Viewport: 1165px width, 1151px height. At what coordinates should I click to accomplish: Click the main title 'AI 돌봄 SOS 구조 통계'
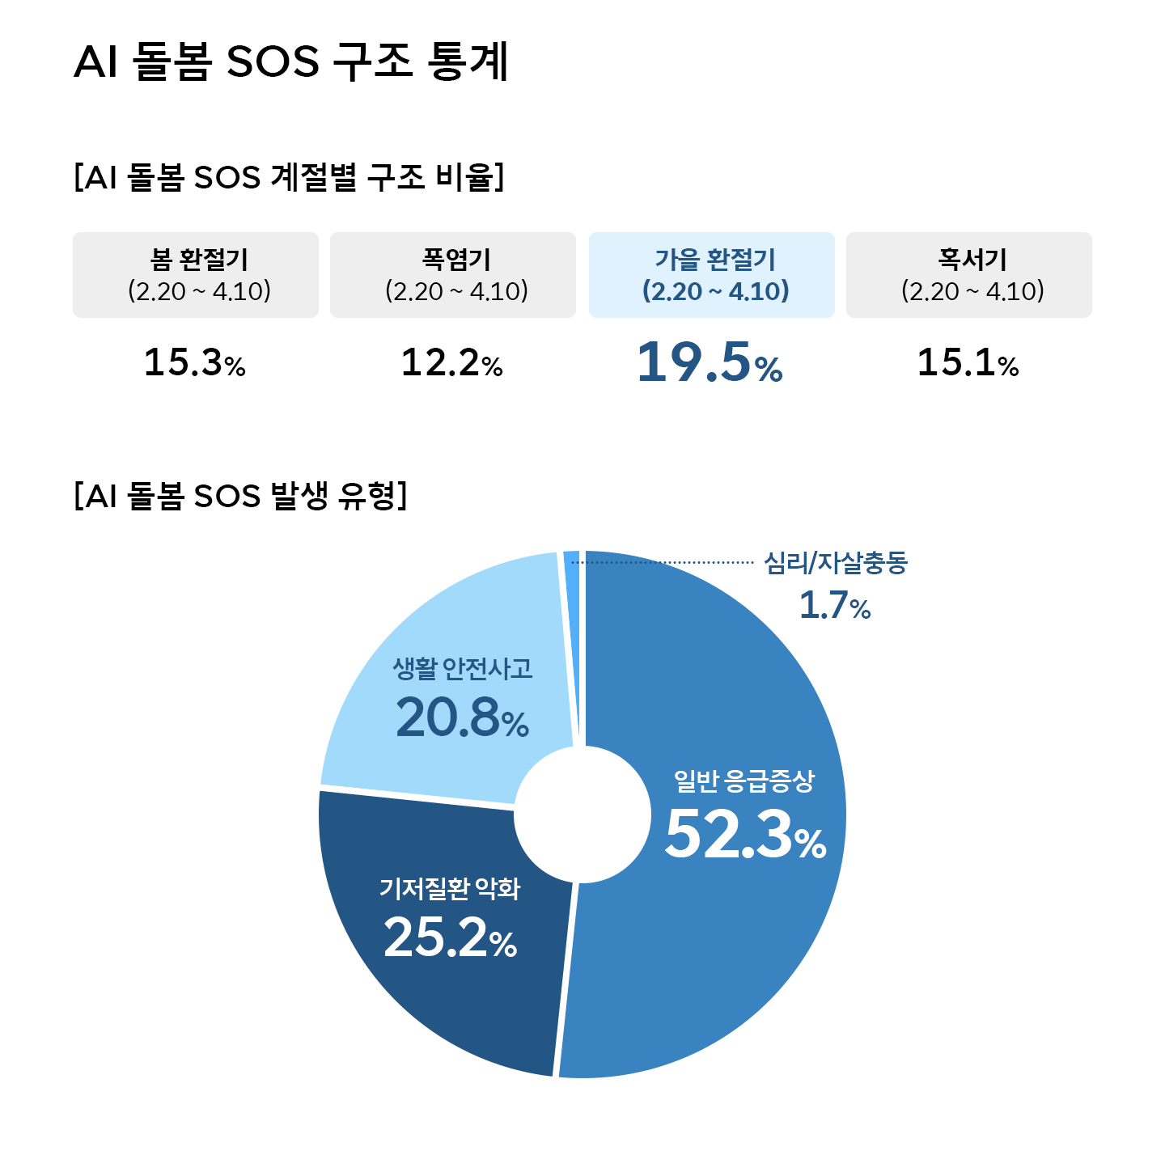coord(291,61)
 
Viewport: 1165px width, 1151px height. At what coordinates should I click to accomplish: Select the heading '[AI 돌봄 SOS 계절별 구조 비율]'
coord(289,176)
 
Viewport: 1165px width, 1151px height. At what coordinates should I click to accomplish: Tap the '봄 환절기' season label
coord(199,260)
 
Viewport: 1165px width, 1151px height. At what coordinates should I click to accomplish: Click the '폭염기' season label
coord(456,260)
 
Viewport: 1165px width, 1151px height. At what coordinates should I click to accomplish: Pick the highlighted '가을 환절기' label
coord(715,260)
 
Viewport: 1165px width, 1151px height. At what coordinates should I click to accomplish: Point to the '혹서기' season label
coord(972,260)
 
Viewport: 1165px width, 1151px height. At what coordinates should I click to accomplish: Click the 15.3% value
coord(195,362)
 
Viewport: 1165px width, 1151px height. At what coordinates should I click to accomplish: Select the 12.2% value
coord(452,362)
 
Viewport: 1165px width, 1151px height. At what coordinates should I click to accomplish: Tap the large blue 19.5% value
coord(710,362)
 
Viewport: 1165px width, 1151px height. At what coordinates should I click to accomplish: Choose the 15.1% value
coord(968,362)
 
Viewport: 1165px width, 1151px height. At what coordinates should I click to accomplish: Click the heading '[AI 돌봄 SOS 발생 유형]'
coord(240,495)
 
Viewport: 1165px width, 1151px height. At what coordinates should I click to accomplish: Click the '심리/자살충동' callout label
coord(836,562)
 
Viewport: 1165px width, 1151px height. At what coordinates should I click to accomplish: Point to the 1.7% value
coord(835,605)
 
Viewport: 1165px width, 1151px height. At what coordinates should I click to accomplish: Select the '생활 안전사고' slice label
coord(463,668)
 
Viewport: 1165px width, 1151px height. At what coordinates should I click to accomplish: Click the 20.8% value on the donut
coord(462,717)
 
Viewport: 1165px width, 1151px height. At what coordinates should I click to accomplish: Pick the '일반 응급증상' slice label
coord(744,781)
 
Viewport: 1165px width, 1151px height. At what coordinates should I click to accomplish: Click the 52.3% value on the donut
coord(745,834)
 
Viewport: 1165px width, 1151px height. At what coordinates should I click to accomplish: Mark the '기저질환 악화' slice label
coord(450,889)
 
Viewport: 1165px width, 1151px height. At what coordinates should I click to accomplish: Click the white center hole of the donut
coord(582,815)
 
